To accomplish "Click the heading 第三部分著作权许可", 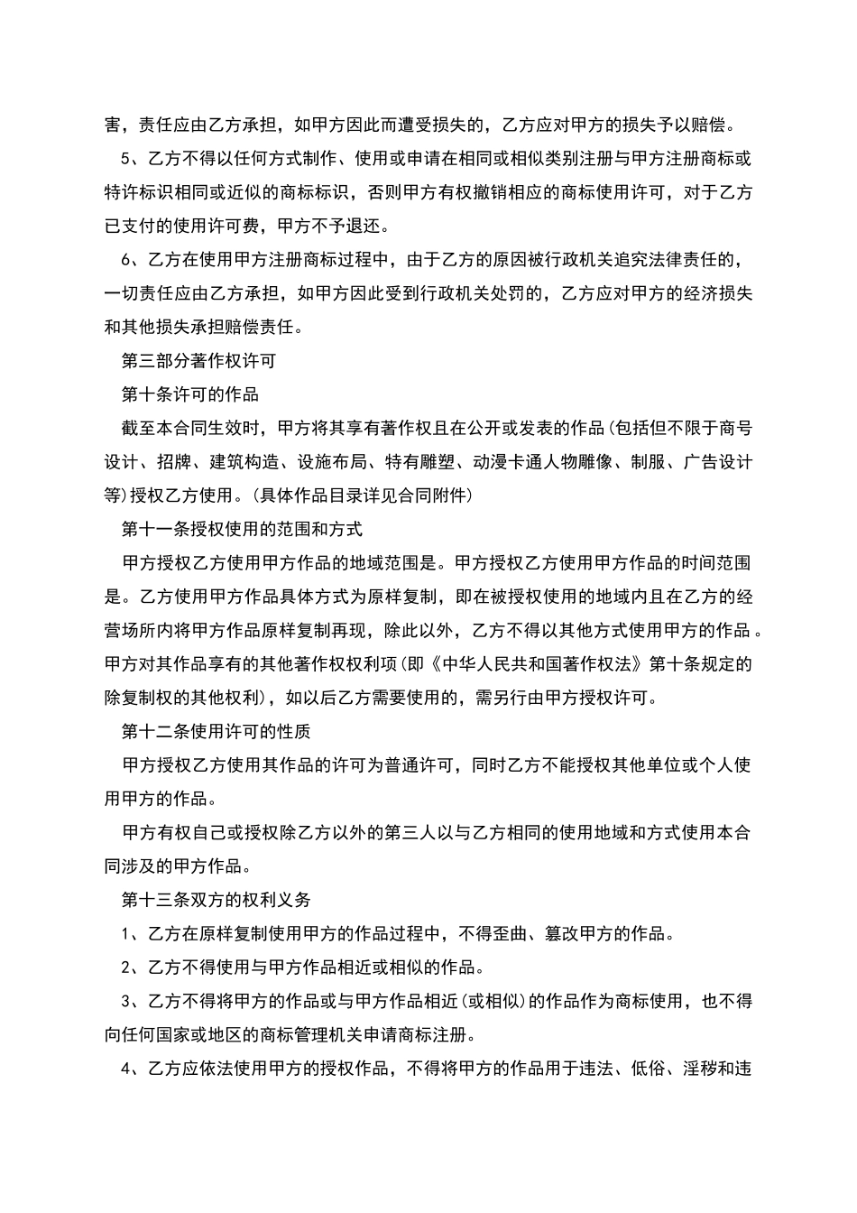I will click(x=198, y=361).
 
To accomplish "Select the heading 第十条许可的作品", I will click(x=190, y=394).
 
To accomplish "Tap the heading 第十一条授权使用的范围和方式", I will click(x=242, y=529).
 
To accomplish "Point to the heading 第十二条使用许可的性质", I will click(x=217, y=731).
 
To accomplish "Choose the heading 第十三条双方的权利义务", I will click(x=217, y=900).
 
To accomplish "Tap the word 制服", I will click(x=649, y=462).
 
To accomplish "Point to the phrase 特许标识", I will click(x=139, y=192).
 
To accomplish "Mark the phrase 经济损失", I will click(x=719, y=293).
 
